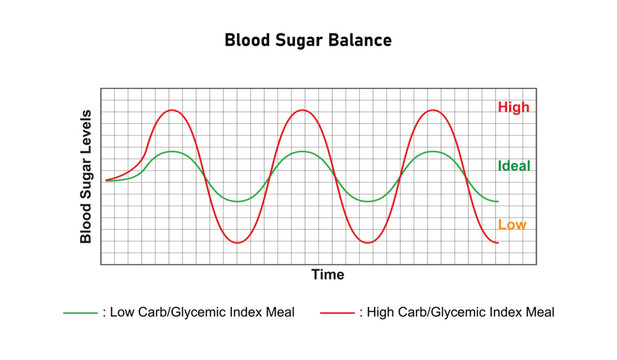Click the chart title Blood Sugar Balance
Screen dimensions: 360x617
(307, 41)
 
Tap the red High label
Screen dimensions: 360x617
(513, 107)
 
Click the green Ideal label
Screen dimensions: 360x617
(514, 166)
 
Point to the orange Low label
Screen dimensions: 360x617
(511, 225)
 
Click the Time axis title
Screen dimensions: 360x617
(327, 275)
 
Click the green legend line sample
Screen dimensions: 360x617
(80, 312)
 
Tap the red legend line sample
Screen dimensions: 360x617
(337, 312)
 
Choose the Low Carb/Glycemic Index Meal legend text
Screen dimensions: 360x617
(198, 312)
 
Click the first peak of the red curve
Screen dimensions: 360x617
(172, 110)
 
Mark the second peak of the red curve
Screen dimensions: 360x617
(302, 110)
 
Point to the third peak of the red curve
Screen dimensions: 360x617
(432, 110)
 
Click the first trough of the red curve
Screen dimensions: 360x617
(237, 242)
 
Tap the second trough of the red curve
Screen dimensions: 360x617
(367, 242)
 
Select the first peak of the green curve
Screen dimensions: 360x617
(172, 151)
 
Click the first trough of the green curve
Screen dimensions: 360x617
(237, 201)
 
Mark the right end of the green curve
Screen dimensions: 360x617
(497, 201)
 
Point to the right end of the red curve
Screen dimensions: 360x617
(497, 242)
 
